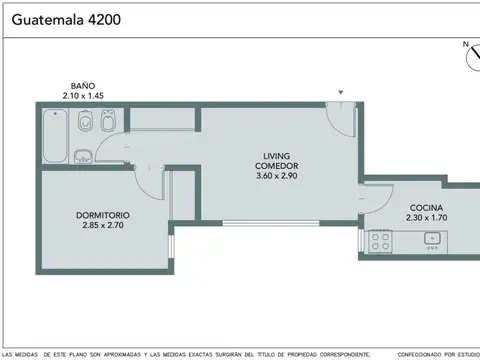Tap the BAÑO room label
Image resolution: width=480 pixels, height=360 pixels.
tap(82, 85)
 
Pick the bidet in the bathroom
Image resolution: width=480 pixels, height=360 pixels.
tap(109, 123)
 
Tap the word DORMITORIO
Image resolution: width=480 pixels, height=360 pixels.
tap(103, 215)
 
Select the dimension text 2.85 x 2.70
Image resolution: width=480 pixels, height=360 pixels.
tap(103, 226)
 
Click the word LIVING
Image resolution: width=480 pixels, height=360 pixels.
tap(277, 155)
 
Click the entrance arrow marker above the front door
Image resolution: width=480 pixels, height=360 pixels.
tap(342, 93)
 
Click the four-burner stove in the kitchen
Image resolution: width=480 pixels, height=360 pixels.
tap(381, 240)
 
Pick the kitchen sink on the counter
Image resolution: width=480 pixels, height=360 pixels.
tap(432, 238)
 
